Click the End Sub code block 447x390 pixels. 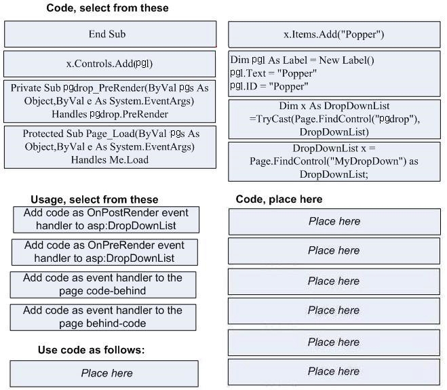(110, 34)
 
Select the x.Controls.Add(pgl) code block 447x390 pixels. (109, 64)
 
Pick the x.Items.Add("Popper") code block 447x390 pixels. (334, 34)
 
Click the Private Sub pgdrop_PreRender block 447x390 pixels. (109, 101)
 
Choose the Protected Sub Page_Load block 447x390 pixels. (110, 147)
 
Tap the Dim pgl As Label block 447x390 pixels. (334, 73)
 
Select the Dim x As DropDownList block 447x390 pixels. (334, 119)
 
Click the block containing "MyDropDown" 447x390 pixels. (334, 161)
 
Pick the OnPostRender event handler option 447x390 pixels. (106, 220)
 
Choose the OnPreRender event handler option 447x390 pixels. (104, 252)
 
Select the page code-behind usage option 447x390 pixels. (103, 284)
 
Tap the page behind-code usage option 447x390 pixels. (103, 317)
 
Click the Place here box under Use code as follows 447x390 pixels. (104, 374)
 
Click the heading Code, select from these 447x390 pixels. (107, 8)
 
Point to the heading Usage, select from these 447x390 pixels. (94, 199)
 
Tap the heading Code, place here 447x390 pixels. (279, 199)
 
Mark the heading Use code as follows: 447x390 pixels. (91, 350)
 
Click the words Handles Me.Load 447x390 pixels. (110, 159)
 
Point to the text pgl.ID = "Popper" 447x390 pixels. (269, 86)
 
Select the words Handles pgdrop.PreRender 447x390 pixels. (110, 114)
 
